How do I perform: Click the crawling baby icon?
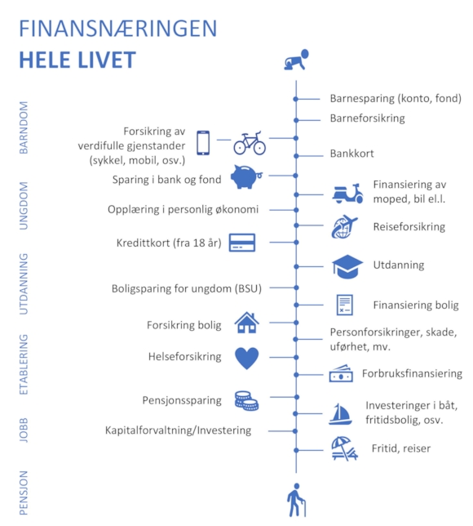(x=296, y=60)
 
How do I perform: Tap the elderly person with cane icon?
(x=296, y=500)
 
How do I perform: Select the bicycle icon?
(x=250, y=143)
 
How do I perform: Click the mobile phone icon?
(x=203, y=143)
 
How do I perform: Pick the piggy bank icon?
(x=246, y=176)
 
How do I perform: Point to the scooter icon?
(x=347, y=194)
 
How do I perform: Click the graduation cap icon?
(x=347, y=267)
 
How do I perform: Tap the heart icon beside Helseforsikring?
(x=247, y=359)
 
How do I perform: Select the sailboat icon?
(x=340, y=414)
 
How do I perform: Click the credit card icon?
(x=242, y=243)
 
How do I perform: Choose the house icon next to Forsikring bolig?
(x=247, y=323)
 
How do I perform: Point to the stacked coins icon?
(x=246, y=401)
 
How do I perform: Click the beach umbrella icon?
(x=344, y=448)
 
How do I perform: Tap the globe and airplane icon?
(x=344, y=227)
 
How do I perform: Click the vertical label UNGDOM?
(x=24, y=206)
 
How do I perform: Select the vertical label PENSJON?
(x=24, y=493)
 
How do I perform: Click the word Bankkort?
(x=351, y=154)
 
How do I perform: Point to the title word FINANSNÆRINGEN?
(x=118, y=29)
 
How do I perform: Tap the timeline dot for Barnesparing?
(x=296, y=99)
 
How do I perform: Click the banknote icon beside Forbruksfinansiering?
(x=341, y=373)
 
